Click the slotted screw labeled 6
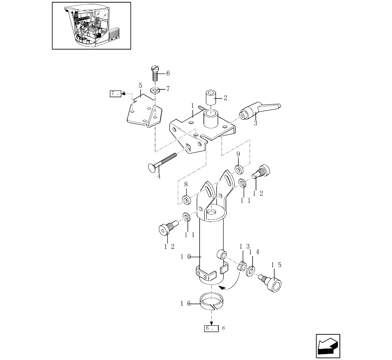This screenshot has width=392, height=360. (155, 73)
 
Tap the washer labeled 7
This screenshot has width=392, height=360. (155, 89)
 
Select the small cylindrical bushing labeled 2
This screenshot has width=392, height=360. (211, 98)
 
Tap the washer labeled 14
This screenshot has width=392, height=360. (251, 271)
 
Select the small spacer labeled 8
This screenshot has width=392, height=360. (186, 199)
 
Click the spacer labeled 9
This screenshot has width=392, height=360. (239, 170)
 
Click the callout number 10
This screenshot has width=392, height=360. (185, 257)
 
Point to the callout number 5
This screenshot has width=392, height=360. (140, 85)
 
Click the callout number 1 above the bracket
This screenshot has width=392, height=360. (192, 106)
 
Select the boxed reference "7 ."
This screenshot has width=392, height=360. (115, 94)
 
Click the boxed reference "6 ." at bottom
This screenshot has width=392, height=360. (211, 328)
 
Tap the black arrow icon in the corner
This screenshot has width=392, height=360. (328, 346)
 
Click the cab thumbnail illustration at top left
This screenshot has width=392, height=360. (91, 26)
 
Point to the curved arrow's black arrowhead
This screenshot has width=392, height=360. (222, 288)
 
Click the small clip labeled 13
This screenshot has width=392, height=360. (242, 266)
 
